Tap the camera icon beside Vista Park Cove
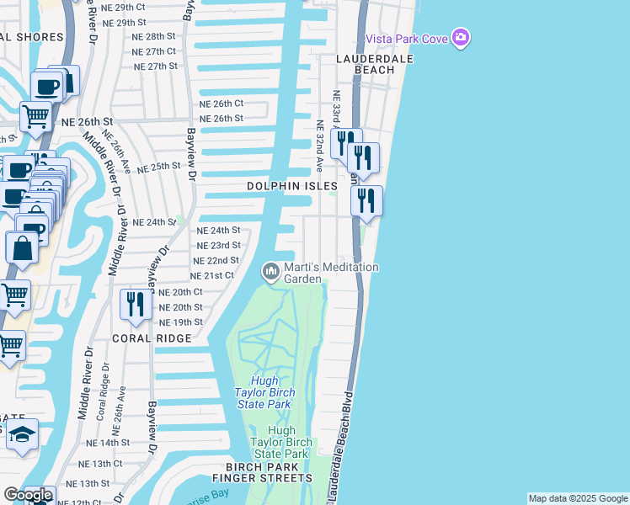tap(460, 38)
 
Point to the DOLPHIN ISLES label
tap(292, 185)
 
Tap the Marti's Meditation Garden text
tap(331, 273)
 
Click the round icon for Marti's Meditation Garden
tap(270, 271)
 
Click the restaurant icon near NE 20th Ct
tap(135, 303)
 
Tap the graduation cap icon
tap(23, 434)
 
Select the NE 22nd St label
tap(216, 261)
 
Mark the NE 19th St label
tap(181, 322)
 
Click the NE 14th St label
tap(109, 442)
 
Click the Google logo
tap(28, 495)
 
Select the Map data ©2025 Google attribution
tap(578, 498)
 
